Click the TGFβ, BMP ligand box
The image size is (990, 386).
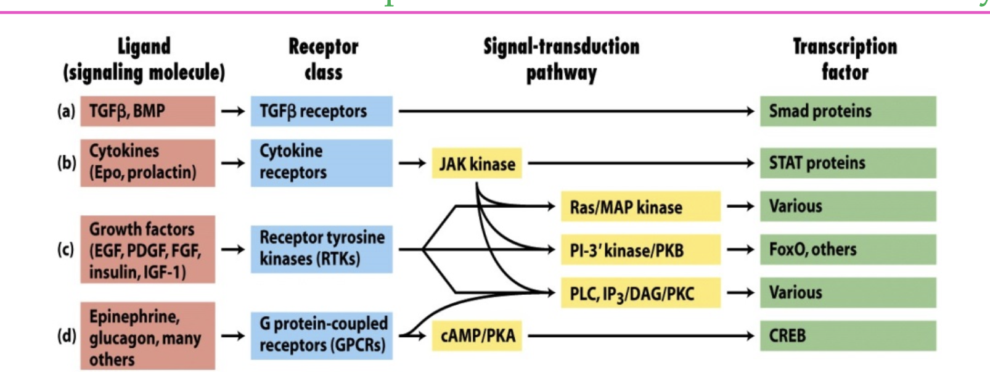tap(148, 111)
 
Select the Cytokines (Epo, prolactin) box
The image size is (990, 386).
tap(148, 163)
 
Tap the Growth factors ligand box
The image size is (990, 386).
tap(148, 249)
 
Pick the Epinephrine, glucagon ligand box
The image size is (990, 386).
tap(148, 336)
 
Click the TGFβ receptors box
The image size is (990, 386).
tap(321, 111)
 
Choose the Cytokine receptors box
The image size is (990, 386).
tap(321, 163)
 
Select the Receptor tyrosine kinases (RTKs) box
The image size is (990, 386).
tap(321, 249)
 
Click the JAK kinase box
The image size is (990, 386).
tap(477, 163)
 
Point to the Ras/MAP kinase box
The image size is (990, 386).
tap(640, 207)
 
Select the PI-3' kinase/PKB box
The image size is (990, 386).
tap(640, 250)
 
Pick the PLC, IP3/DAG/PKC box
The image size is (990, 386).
tap(640, 293)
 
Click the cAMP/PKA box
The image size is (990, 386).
tap(477, 336)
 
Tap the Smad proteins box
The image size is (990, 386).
tap(848, 111)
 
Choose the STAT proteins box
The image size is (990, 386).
tap(848, 163)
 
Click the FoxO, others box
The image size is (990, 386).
tap(848, 249)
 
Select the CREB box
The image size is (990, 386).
tap(848, 336)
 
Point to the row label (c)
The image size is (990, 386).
tap(65, 249)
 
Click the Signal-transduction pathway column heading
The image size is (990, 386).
tap(561, 59)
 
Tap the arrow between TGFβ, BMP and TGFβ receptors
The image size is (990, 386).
tap(233, 112)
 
